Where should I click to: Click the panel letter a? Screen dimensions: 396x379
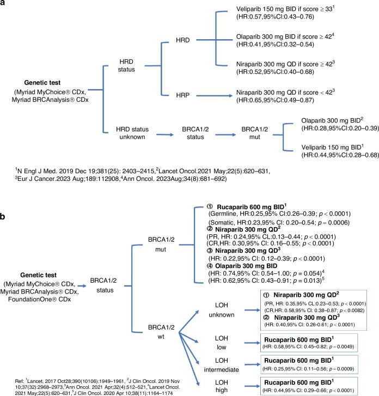[5, 5]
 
